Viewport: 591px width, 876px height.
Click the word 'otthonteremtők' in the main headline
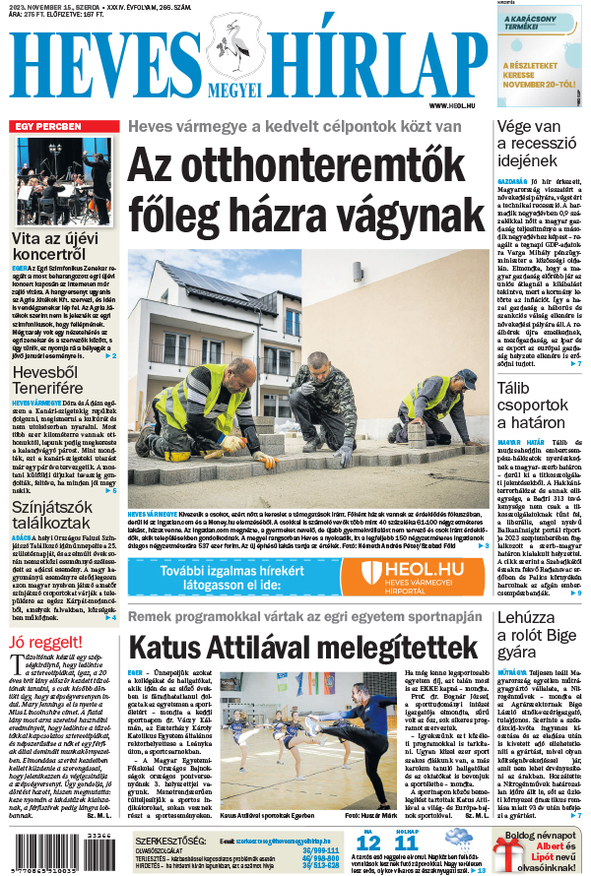(x=295, y=163)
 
